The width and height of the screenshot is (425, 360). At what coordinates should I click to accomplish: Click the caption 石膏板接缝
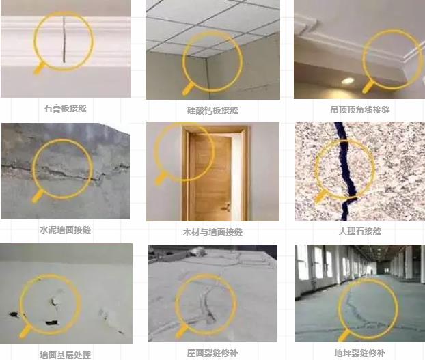[x=66, y=108]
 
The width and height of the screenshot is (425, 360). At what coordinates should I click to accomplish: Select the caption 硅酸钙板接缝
[x=212, y=109]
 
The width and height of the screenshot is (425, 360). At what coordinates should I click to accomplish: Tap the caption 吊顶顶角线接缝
[x=359, y=109]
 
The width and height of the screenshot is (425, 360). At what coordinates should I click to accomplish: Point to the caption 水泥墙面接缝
[x=66, y=230]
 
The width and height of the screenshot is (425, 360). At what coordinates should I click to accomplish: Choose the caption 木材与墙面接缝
[x=212, y=232]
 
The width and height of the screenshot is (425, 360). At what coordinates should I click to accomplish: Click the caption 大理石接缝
[x=359, y=232]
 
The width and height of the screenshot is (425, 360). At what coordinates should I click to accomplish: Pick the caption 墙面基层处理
[x=66, y=355]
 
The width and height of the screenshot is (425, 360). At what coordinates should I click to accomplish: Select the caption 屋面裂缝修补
[x=212, y=353]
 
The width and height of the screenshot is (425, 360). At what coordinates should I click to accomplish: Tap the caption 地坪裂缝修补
[x=359, y=353]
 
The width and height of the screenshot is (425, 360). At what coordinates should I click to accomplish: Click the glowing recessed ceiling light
[x=348, y=81]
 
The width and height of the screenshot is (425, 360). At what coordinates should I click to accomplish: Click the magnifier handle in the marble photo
[x=320, y=197]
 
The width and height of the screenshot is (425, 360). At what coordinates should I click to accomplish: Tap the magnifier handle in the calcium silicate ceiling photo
[x=187, y=89]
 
